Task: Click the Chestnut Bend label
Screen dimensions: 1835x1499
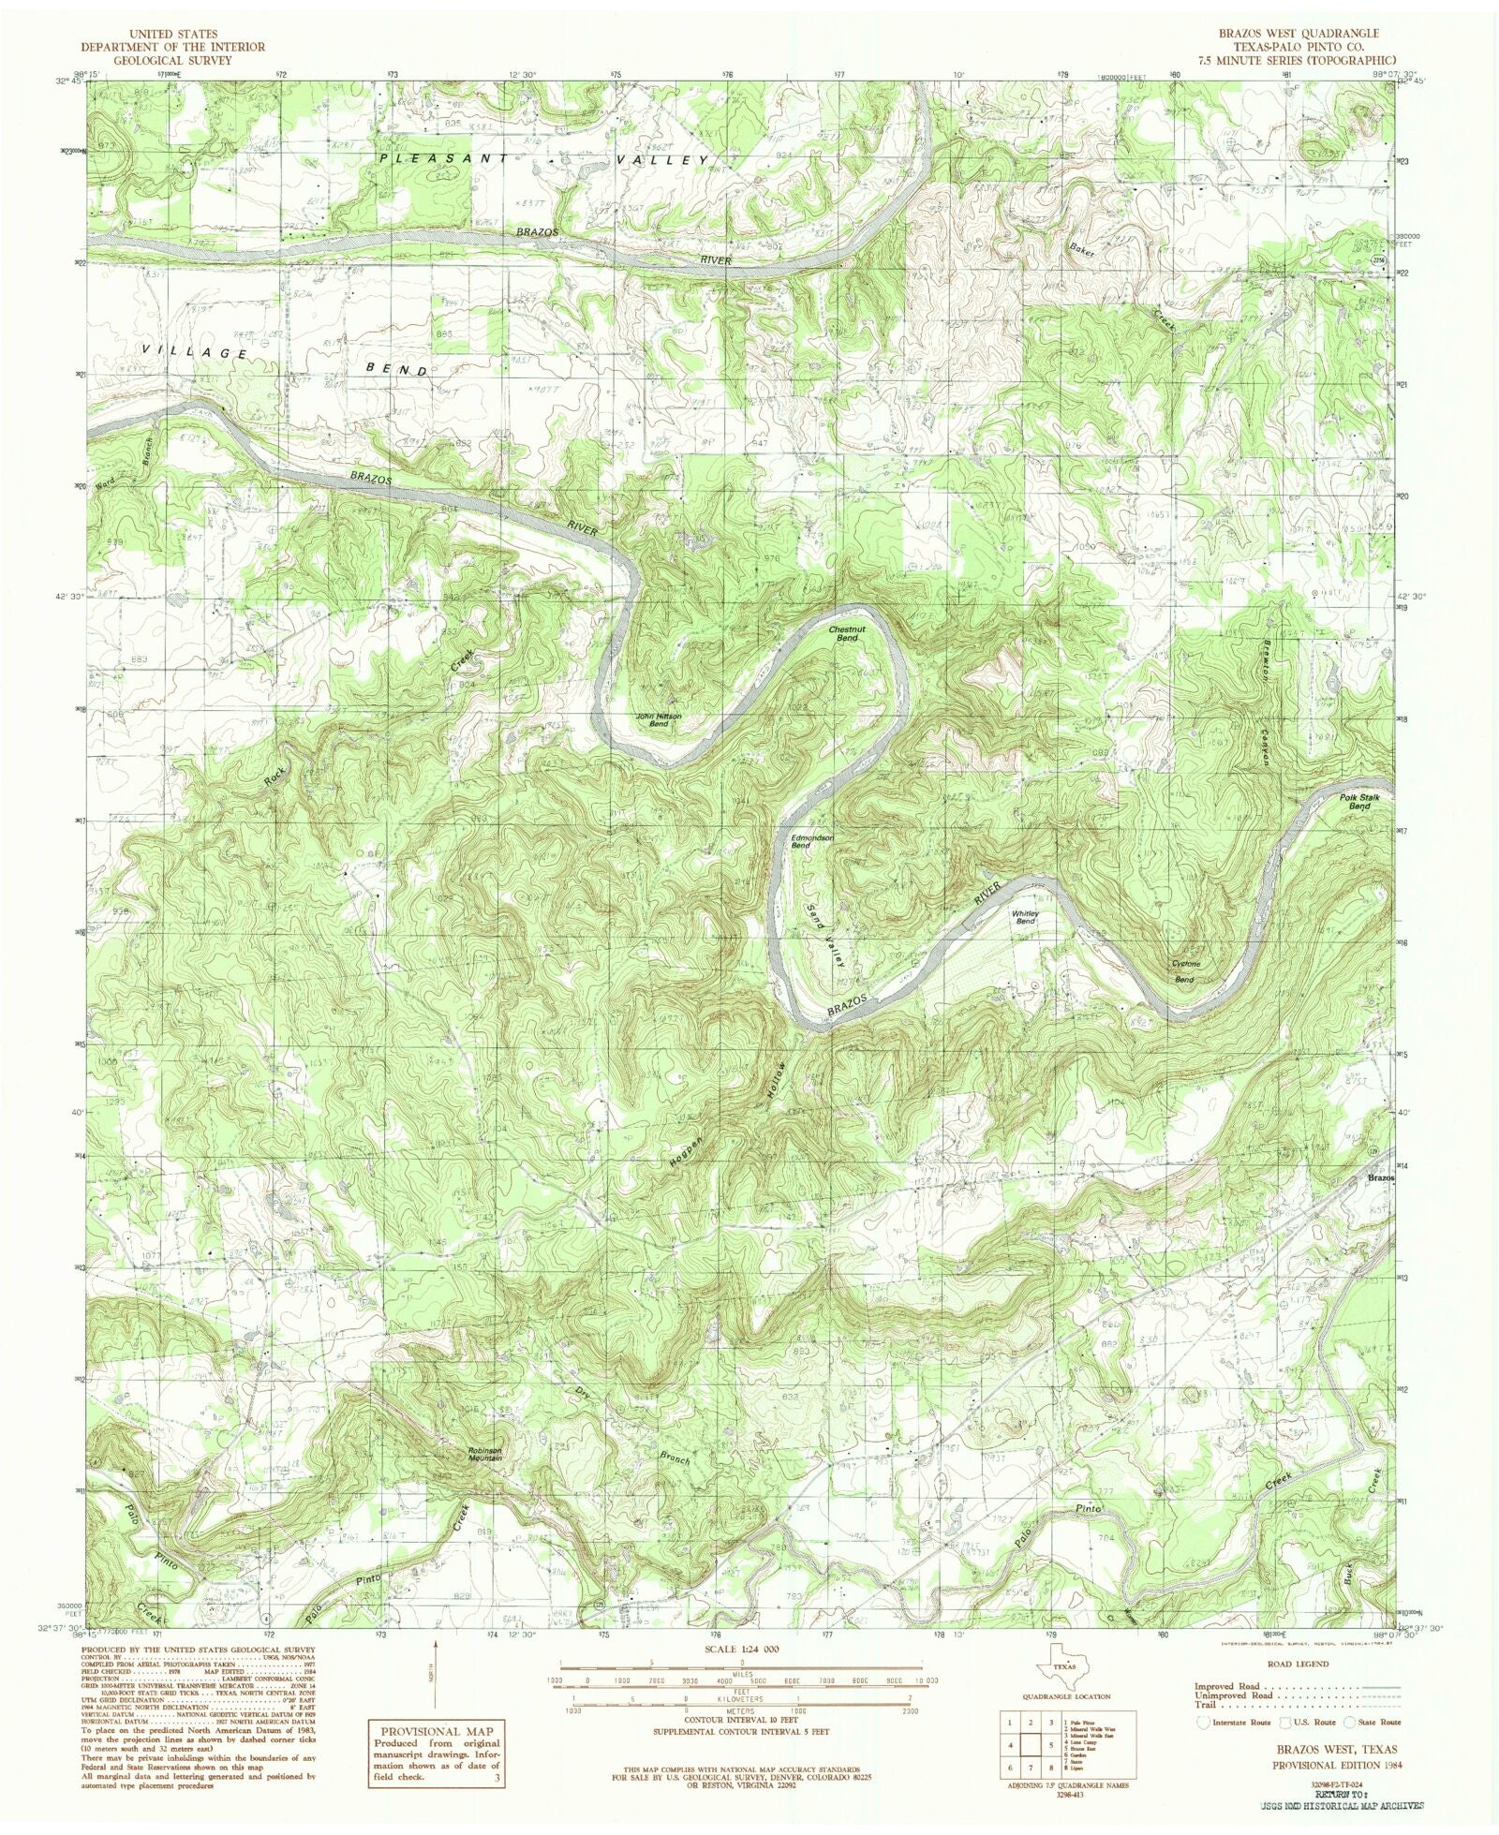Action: click(x=846, y=633)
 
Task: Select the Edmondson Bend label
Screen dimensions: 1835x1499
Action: click(x=812, y=841)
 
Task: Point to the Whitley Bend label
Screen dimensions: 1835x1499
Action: click(x=1026, y=917)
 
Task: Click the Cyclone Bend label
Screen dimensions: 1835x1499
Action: click(x=1184, y=971)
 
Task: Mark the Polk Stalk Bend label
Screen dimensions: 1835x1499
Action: click(x=1360, y=801)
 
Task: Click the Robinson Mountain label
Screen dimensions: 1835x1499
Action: click(x=485, y=1455)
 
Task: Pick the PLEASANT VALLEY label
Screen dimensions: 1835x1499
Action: click(x=543, y=160)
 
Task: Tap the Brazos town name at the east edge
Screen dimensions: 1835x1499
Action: click(x=1380, y=1177)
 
